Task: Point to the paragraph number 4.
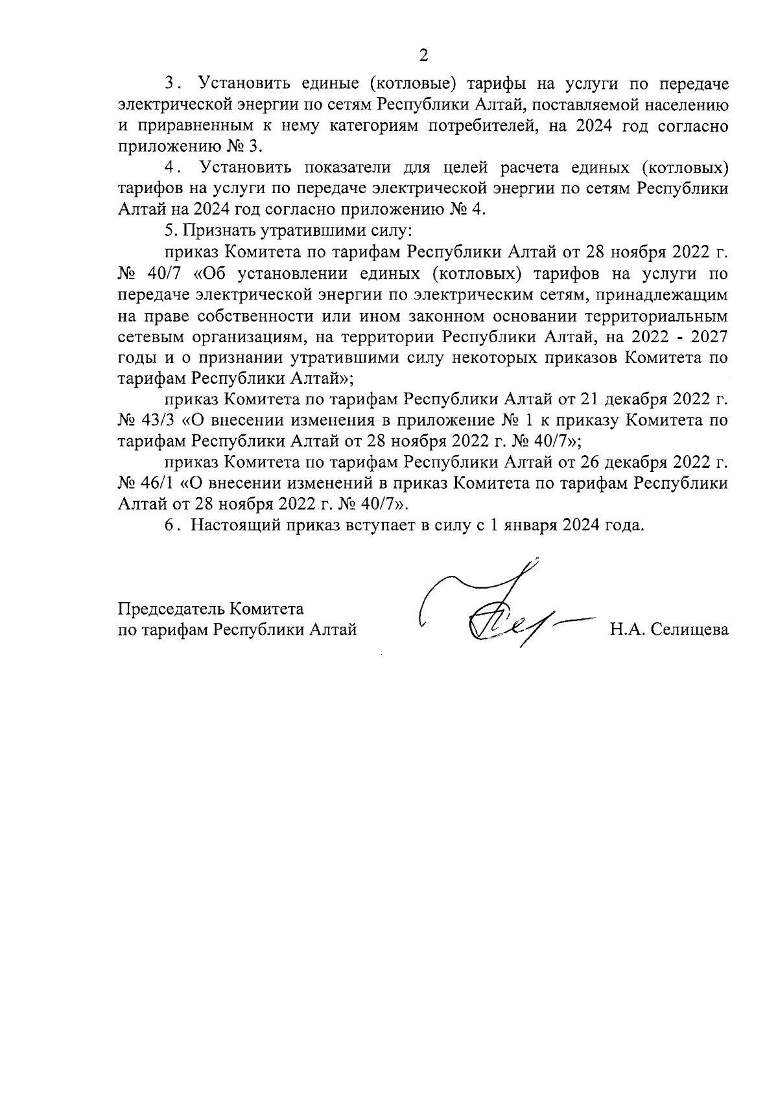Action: click(x=171, y=168)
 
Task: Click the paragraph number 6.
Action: click(x=170, y=525)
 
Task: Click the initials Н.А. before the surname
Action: click(x=626, y=629)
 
